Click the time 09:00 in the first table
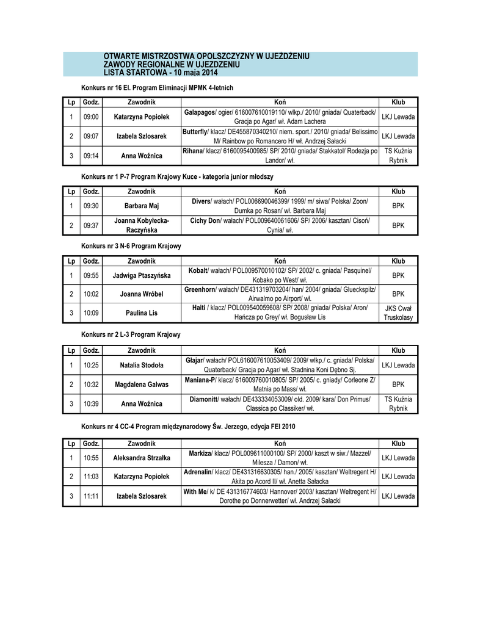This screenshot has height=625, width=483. click(91, 117)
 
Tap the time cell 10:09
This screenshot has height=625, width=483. click(91, 313)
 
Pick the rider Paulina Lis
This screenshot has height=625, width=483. click(142, 313)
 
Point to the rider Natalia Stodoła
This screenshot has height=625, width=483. click(142, 365)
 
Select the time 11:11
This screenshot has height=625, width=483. click(91, 496)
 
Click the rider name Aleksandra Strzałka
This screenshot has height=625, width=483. click(142, 457)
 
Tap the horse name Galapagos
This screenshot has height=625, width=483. click(200, 112)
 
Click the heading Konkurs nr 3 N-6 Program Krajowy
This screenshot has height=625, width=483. click(131, 245)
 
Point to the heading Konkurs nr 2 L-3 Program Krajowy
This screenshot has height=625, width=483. click(131, 334)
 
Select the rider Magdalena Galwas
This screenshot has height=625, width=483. click(142, 385)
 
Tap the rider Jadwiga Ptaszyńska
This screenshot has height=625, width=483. click(142, 275)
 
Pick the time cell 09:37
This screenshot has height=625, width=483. click(91, 225)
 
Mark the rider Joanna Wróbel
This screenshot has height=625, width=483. click(142, 294)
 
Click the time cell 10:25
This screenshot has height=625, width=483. click(91, 365)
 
